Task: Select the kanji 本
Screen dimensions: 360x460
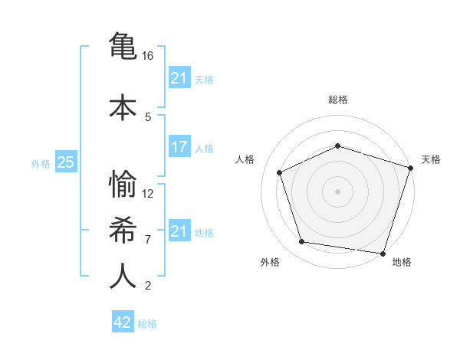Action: (123, 106)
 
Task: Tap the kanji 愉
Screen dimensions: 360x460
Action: (123, 184)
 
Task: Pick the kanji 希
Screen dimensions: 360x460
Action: (123, 230)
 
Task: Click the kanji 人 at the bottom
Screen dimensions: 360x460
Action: (123, 277)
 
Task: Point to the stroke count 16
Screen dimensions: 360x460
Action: (148, 56)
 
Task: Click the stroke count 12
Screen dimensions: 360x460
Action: (148, 193)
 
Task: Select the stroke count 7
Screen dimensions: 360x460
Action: (148, 239)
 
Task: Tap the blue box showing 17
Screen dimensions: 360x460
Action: (179, 147)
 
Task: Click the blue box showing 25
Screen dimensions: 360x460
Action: (65, 162)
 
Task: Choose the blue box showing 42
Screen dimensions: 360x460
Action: (123, 322)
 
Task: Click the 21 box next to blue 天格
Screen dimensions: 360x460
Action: (179, 78)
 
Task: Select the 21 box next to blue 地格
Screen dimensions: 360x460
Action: (179, 231)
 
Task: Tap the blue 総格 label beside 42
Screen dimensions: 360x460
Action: (147, 324)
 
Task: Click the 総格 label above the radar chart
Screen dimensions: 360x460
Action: (338, 100)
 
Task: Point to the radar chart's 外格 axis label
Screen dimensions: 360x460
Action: (270, 262)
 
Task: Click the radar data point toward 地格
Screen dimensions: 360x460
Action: (383, 253)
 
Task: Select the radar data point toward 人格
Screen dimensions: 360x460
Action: (280, 172)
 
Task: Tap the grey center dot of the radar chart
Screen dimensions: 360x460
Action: (337, 191)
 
